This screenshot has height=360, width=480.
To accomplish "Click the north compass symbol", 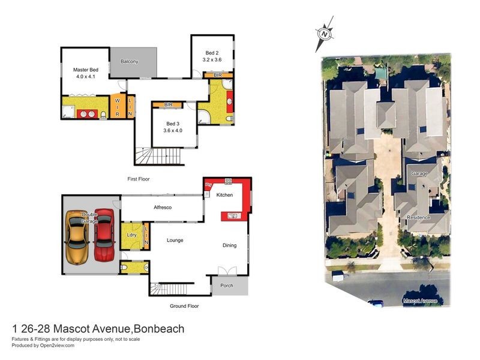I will (x=324, y=34).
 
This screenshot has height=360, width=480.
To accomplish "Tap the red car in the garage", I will (x=104, y=235).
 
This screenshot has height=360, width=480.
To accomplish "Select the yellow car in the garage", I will (x=77, y=238).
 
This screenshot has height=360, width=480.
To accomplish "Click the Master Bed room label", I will (x=85, y=73).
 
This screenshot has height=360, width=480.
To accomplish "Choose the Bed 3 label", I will (x=174, y=127).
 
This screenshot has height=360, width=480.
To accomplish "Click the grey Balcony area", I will (x=133, y=62).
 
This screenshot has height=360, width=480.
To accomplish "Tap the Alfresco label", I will (x=163, y=207).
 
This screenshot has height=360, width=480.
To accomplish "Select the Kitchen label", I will (x=224, y=195).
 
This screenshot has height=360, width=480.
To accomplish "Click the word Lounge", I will (x=175, y=240).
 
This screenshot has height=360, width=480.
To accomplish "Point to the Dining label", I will (x=230, y=245).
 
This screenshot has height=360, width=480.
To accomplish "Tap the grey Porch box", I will (x=227, y=286).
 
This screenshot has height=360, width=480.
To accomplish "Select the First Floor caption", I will (x=138, y=179).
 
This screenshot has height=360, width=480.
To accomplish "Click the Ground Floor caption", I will (x=184, y=306).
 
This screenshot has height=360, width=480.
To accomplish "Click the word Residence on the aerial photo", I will (x=418, y=217).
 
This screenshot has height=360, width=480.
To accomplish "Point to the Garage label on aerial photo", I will (x=419, y=173).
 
